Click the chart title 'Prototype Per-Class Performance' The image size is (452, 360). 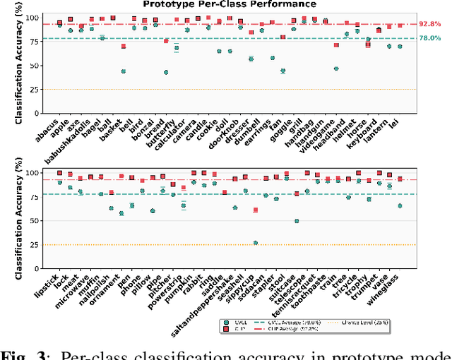[x=225, y=4]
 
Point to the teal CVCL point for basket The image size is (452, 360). [x=124, y=71]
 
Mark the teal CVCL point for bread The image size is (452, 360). [x=166, y=72]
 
